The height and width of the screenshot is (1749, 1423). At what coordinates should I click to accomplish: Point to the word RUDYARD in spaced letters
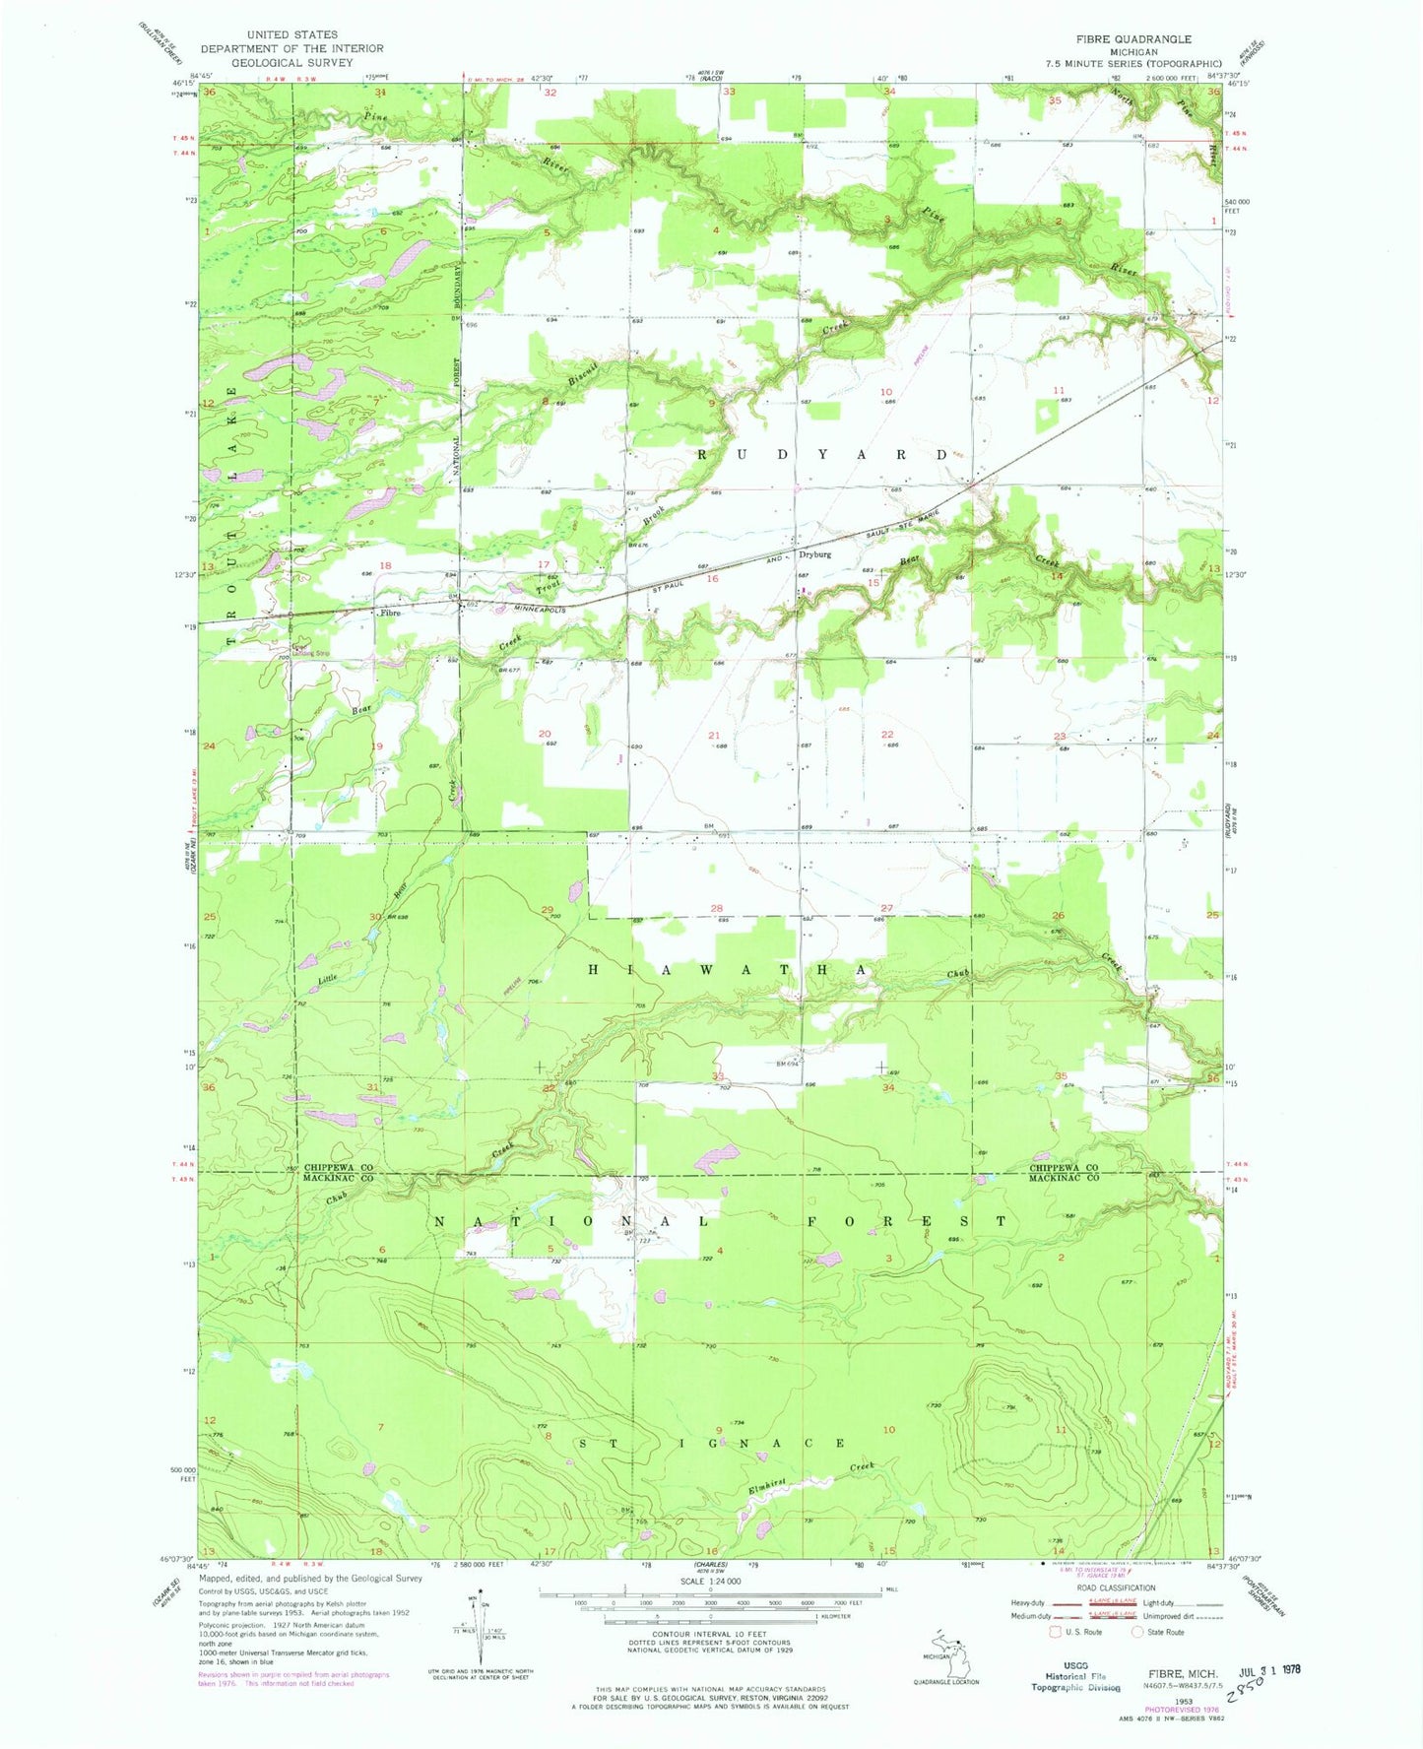(x=822, y=455)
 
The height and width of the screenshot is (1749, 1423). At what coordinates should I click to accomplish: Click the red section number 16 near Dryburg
(x=712, y=579)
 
